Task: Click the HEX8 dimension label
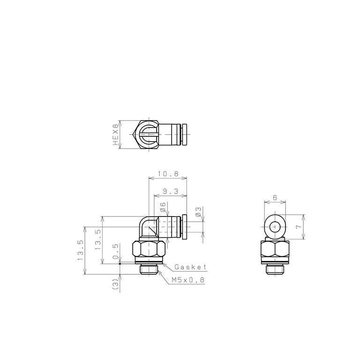116,135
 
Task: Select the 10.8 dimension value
168,174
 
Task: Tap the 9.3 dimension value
170,191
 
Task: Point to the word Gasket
190,267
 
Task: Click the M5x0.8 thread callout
188,280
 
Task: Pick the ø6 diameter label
162,207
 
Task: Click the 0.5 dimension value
116,251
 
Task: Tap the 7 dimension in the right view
299,227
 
